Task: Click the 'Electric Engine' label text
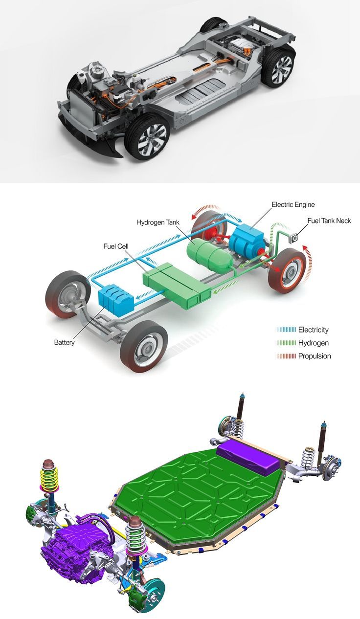point(293,205)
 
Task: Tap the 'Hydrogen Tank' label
point(158,222)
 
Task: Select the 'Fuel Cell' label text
point(116,246)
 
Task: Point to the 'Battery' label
point(65,343)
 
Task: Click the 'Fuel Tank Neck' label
point(329,221)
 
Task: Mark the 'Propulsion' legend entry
point(304,356)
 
